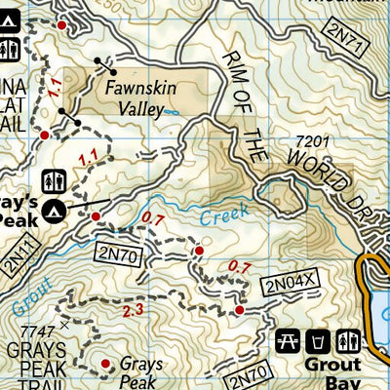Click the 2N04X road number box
(x=291, y=285)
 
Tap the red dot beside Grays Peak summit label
(x=106, y=365)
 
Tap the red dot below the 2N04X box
(x=239, y=309)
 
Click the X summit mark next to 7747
(x=65, y=323)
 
